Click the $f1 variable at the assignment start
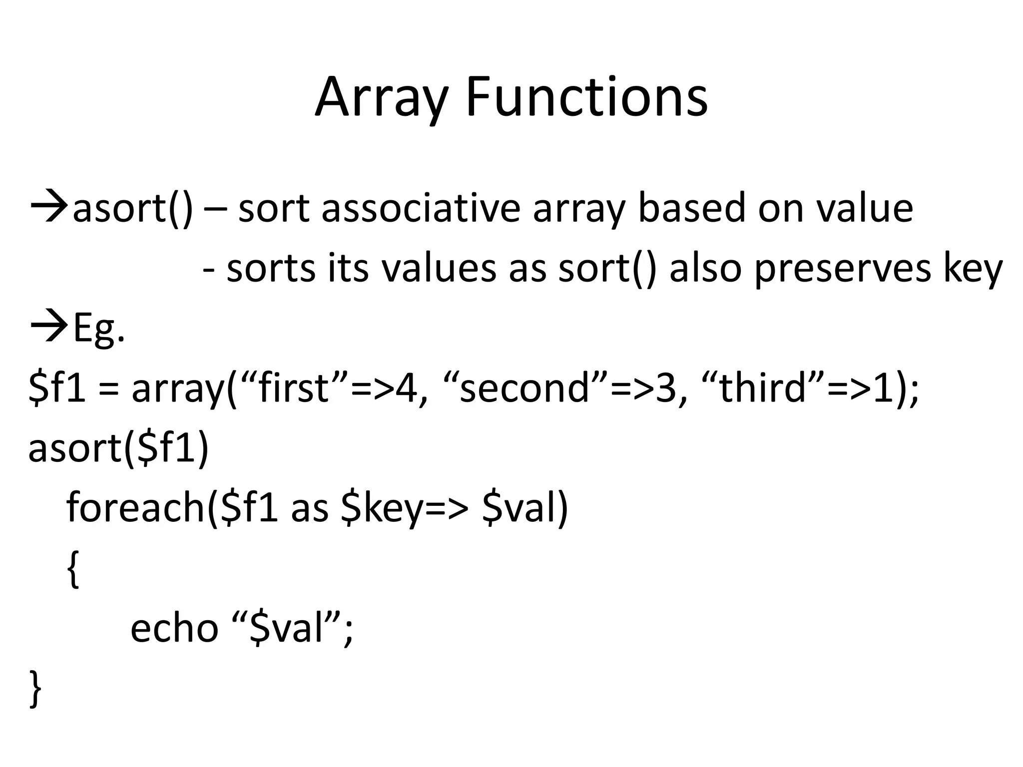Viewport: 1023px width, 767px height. click(x=57, y=388)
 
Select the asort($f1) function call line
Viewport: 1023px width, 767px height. click(x=118, y=448)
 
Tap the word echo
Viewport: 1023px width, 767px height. click(x=174, y=628)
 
